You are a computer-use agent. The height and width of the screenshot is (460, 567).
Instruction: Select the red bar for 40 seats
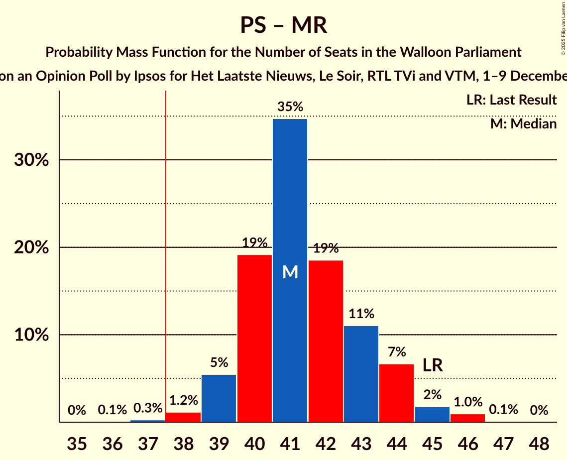[x=254, y=339]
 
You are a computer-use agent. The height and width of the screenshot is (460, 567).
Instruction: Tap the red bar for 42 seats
[x=326, y=341]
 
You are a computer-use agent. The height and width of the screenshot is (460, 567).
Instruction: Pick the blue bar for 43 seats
[x=361, y=374]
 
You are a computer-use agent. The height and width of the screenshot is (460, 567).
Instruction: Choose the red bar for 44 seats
[x=396, y=393]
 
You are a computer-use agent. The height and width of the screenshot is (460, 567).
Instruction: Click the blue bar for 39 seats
[x=219, y=398]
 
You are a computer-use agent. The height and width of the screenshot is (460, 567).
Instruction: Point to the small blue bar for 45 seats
[x=432, y=415]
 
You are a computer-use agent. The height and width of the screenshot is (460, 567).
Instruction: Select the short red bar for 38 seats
[x=183, y=417]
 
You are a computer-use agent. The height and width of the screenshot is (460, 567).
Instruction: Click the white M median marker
[x=290, y=272]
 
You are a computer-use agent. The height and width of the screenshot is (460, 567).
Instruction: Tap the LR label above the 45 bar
[x=433, y=365]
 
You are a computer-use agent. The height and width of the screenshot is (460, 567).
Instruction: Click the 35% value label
[x=290, y=107]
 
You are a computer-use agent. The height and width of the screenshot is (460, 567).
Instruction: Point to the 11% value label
[x=361, y=314]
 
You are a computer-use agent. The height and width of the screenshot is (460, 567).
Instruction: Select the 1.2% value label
[x=184, y=400]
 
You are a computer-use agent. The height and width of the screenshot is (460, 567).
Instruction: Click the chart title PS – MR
[x=283, y=25]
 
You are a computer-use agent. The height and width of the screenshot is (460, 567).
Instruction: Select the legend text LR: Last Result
[x=511, y=100]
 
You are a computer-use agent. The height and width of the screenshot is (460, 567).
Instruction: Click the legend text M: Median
[x=523, y=123]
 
